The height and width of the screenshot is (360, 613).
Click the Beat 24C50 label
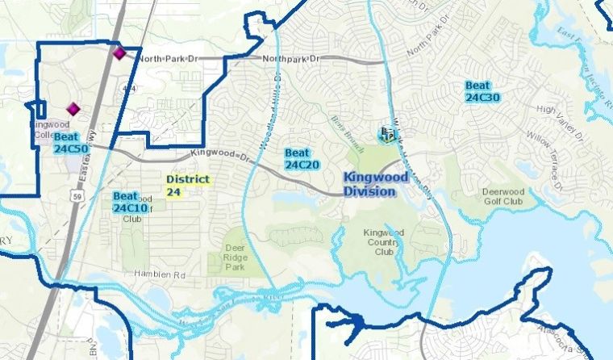click(x=71, y=143)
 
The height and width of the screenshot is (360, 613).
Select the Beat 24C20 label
click(x=302, y=158)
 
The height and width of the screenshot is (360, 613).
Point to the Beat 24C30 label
click(x=483, y=91)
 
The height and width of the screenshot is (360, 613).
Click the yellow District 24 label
click(x=187, y=185)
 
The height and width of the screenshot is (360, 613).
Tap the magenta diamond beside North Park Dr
click(x=120, y=53)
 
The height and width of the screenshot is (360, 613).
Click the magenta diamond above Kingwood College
click(x=73, y=108)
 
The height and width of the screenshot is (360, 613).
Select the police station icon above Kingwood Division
click(x=388, y=134)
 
